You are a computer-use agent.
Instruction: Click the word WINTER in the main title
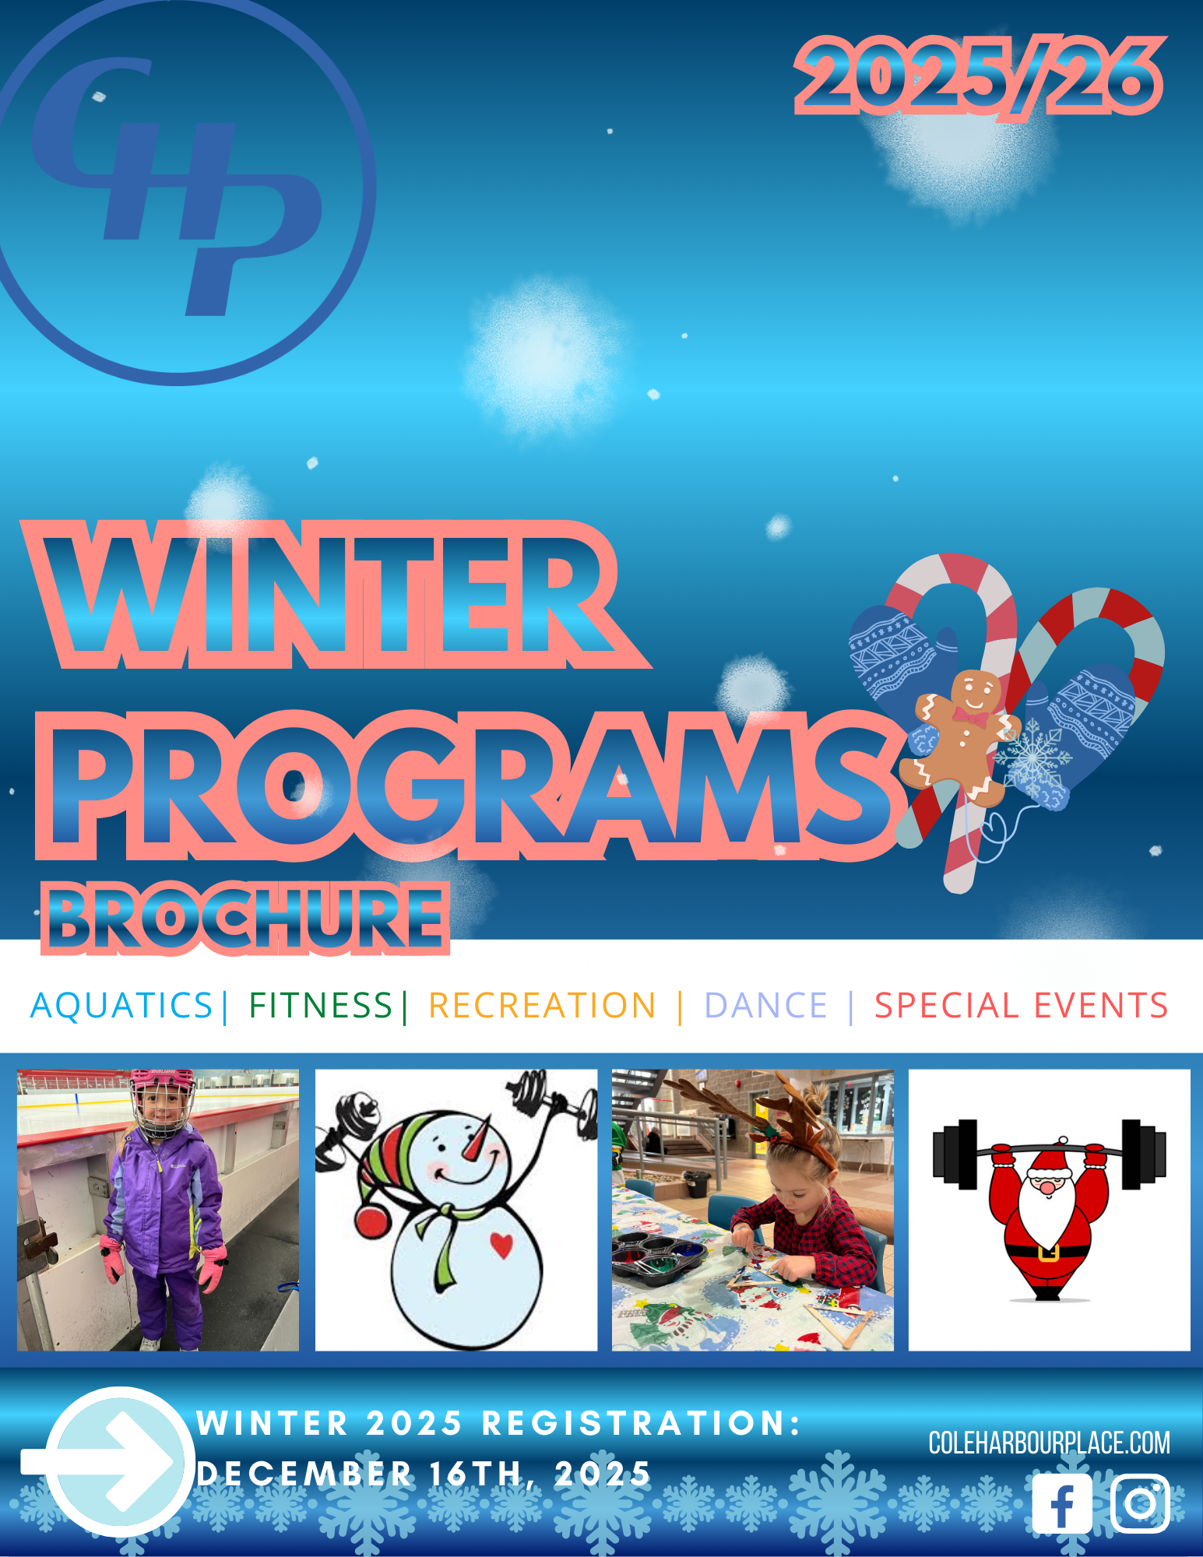coord(335,596)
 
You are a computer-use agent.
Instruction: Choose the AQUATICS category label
coord(121,1005)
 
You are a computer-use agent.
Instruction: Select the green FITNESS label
coord(320,1005)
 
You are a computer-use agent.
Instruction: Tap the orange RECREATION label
coord(543,1005)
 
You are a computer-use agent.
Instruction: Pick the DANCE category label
coord(765,1005)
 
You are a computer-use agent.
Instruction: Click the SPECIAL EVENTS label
coord(1021,1005)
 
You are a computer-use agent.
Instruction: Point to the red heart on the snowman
coord(502,1245)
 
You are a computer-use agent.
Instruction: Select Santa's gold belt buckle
coord(1048,1253)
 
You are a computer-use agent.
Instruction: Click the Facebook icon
coord(1062,1503)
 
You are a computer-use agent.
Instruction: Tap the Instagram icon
coord(1140,1503)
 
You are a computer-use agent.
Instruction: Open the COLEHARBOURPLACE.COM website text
coord(1049,1443)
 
